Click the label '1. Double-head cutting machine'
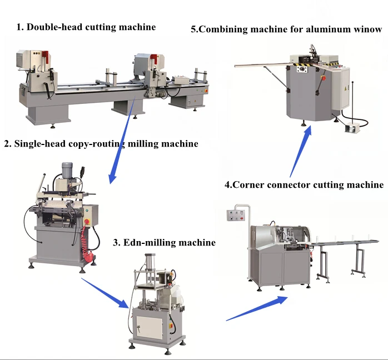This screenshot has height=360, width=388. coord(86,27)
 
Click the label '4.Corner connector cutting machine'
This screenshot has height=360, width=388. coord(304,184)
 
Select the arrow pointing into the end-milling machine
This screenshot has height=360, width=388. coord(106,292)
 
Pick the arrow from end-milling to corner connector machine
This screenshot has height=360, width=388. coord(257,308)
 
